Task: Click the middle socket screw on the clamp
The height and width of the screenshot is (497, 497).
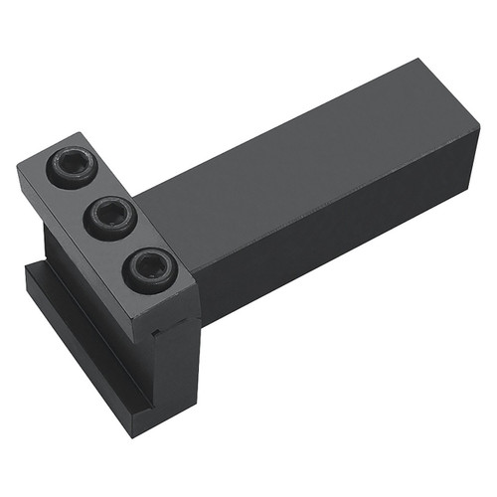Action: coord(109,218)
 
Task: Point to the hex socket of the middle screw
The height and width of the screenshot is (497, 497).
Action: coord(109,216)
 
